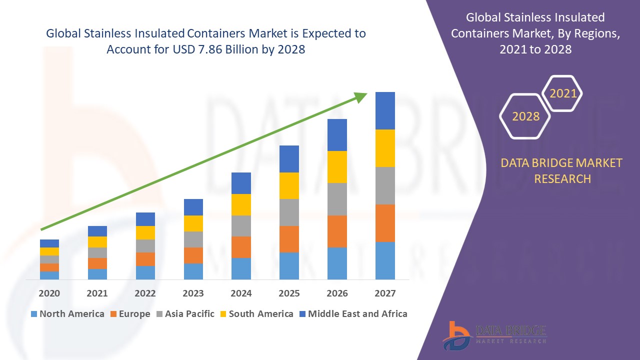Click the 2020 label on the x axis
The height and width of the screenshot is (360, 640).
tap(49, 293)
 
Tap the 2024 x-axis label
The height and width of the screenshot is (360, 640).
tap(241, 293)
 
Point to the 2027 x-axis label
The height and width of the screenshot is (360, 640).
tap(385, 293)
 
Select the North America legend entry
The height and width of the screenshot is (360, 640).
tap(67, 314)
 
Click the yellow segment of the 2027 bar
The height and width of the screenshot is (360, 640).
tap(385, 148)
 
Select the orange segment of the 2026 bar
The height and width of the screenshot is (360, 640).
tap(337, 231)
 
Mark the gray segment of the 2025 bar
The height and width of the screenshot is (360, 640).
tap(289, 212)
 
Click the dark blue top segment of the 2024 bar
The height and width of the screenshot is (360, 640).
tap(241, 183)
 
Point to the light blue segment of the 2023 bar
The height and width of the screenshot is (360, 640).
tap(193, 271)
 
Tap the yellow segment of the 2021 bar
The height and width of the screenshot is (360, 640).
tap(97, 242)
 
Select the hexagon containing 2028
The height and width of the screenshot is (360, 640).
tap(525, 116)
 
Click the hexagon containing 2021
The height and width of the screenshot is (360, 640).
tap(562, 93)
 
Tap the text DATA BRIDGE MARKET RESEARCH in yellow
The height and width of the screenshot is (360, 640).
tap(562, 170)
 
